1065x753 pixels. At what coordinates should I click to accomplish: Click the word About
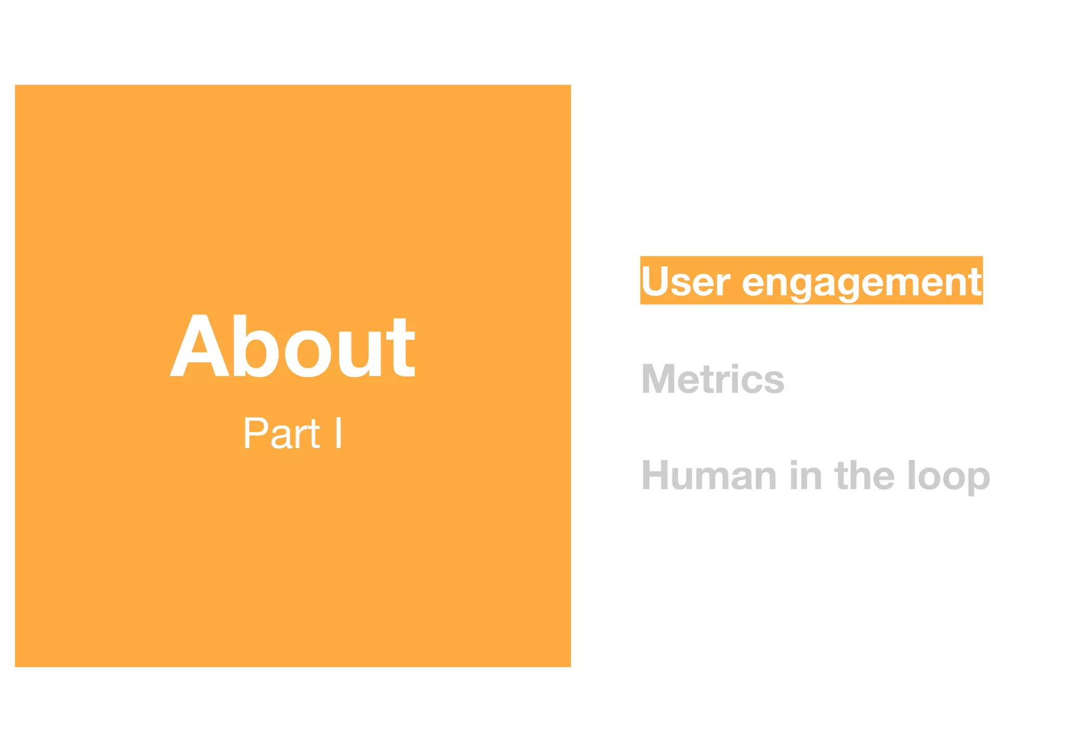[292, 347]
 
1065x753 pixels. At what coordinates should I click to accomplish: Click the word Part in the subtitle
[281, 433]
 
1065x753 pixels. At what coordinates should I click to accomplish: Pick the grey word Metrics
[712, 379]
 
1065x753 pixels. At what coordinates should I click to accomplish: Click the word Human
[709, 476]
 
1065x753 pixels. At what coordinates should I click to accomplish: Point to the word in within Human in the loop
[806, 476]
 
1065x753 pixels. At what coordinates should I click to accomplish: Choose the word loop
[948, 477]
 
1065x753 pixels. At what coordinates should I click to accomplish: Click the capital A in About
[200, 347]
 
